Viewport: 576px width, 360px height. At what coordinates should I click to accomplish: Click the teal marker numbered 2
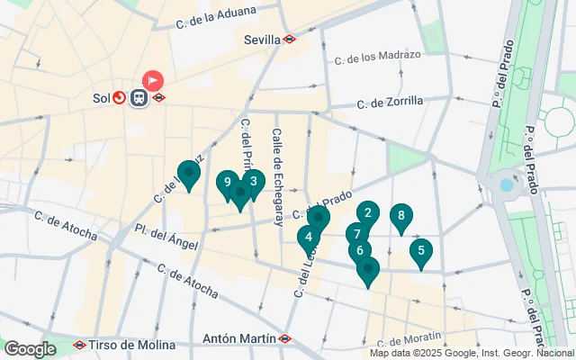click(x=367, y=213)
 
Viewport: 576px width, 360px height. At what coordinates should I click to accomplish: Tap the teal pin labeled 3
click(x=254, y=181)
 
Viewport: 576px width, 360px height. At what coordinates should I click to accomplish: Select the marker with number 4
click(x=309, y=238)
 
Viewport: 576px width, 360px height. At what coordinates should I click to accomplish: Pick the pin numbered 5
click(x=420, y=250)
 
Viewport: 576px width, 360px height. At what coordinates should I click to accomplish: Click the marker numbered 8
click(x=400, y=216)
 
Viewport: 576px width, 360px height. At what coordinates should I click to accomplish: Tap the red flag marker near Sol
click(x=153, y=80)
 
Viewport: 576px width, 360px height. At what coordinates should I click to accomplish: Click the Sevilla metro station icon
click(x=290, y=40)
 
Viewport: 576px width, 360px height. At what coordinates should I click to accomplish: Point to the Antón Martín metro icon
click(x=284, y=339)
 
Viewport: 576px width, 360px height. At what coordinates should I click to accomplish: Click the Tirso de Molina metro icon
click(x=80, y=345)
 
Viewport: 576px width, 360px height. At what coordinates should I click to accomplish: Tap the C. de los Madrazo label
click(x=377, y=58)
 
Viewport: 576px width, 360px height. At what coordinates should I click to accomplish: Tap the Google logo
click(x=30, y=348)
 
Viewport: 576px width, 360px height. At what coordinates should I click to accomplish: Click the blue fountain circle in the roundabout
click(x=507, y=184)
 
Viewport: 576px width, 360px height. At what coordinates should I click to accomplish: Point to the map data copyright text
click(x=471, y=353)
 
